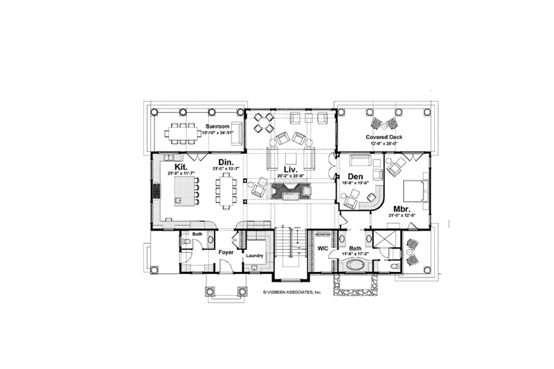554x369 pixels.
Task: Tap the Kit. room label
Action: pos(181,167)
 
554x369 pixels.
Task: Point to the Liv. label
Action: pos(291,170)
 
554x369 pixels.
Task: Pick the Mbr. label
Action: pos(401,208)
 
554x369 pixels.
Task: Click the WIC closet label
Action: pos(322,247)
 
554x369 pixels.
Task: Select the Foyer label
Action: pos(226,253)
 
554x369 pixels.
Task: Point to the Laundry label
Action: pos(253,257)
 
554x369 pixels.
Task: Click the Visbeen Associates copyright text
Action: pos(292,293)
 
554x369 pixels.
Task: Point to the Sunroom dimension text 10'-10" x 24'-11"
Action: pos(218,132)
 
